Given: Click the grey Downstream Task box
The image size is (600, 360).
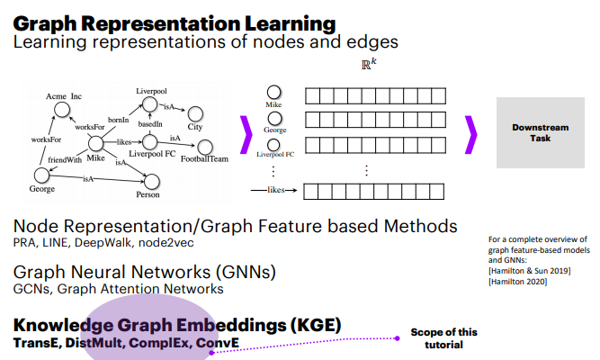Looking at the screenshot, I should click(541, 132).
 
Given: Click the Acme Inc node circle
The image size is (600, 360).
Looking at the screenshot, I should click(62, 109).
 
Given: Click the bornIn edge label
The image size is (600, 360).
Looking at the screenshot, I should click(119, 120).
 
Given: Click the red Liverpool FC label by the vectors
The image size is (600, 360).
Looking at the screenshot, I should click(274, 154).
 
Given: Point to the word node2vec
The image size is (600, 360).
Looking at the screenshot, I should click(168, 243).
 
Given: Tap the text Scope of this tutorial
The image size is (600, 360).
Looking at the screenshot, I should click(443, 338).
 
